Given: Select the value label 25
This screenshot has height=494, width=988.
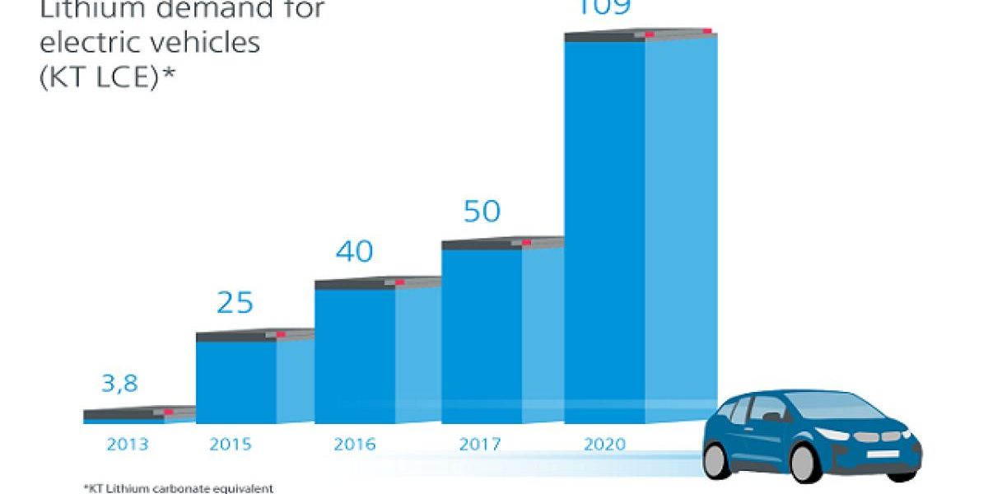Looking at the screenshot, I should tap(235, 303).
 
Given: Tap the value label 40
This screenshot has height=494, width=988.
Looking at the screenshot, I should tap(355, 251).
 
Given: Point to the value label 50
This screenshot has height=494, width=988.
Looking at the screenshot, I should tap(482, 211).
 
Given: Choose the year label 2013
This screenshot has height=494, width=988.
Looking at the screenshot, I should tap(128, 445).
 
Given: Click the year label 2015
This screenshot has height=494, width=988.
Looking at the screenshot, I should tap(231, 445).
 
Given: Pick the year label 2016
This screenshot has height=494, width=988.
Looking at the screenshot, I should tap(355, 445).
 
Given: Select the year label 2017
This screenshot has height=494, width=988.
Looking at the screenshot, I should tap(480, 445).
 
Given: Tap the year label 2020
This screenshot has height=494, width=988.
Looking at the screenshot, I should tap(604, 445).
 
